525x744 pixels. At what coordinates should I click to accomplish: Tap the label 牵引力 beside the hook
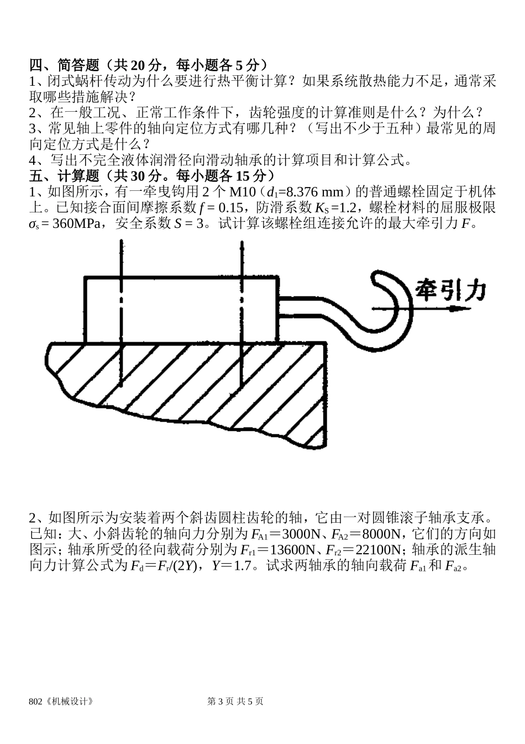[450, 290]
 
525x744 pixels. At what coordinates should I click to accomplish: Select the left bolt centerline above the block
[119, 257]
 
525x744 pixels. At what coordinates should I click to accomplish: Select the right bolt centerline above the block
[241, 257]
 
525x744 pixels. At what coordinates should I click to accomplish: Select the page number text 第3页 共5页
[235, 701]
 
